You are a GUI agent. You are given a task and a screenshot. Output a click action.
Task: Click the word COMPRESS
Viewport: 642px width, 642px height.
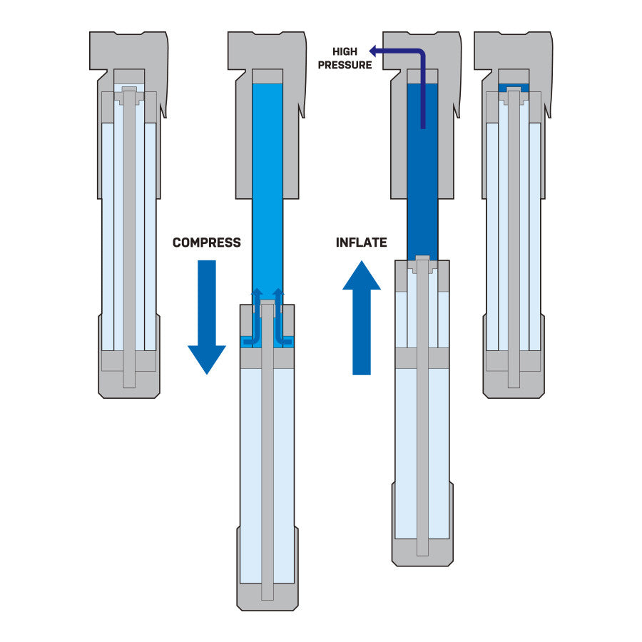click(206, 243)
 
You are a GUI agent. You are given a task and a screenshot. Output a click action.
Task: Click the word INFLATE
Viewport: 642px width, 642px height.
click(361, 243)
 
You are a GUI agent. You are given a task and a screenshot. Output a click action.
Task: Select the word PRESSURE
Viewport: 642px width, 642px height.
click(345, 65)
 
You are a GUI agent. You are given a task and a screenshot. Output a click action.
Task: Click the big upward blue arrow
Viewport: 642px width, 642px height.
click(362, 317)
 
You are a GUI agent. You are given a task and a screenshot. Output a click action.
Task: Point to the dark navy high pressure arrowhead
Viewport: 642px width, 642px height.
click(373, 51)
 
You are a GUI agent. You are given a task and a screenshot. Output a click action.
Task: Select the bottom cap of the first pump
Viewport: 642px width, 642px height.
click(129, 385)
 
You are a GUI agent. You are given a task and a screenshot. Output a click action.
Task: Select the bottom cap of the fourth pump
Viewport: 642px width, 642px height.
click(513, 385)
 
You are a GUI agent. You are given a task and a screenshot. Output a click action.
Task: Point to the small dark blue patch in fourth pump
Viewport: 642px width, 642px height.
click(513, 87)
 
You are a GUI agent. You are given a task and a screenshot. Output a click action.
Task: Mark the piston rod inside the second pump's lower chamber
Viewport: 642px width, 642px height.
click(267, 464)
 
